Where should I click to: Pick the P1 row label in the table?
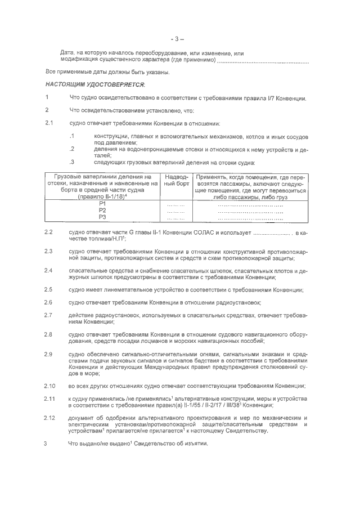(x=102, y=204)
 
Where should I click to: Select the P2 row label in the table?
(x=102, y=211)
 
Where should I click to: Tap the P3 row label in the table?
(x=102, y=217)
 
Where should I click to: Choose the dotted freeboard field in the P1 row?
(x=176, y=205)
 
